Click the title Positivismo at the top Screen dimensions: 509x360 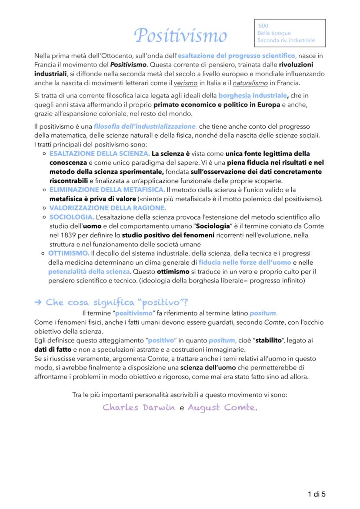[x=180, y=35]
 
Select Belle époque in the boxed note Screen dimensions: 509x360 [x=274, y=33]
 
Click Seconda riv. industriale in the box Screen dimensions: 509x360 [x=286, y=40]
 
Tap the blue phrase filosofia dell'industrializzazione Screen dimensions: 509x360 [x=145, y=126]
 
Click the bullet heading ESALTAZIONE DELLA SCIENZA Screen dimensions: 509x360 [x=100, y=153]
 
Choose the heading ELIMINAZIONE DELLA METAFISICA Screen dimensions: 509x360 [x=107, y=190]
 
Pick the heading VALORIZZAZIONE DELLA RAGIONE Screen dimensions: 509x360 [x=107, y=208]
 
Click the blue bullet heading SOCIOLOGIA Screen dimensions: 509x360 [x=72, y=217]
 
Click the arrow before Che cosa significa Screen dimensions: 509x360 [x=38, y=303]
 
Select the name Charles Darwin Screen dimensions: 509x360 [x=139, y=408]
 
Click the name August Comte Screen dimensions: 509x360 [x=222, y=408]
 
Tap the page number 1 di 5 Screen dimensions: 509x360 [x=317, y=494]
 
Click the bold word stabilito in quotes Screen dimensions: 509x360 [x=268, y=340]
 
